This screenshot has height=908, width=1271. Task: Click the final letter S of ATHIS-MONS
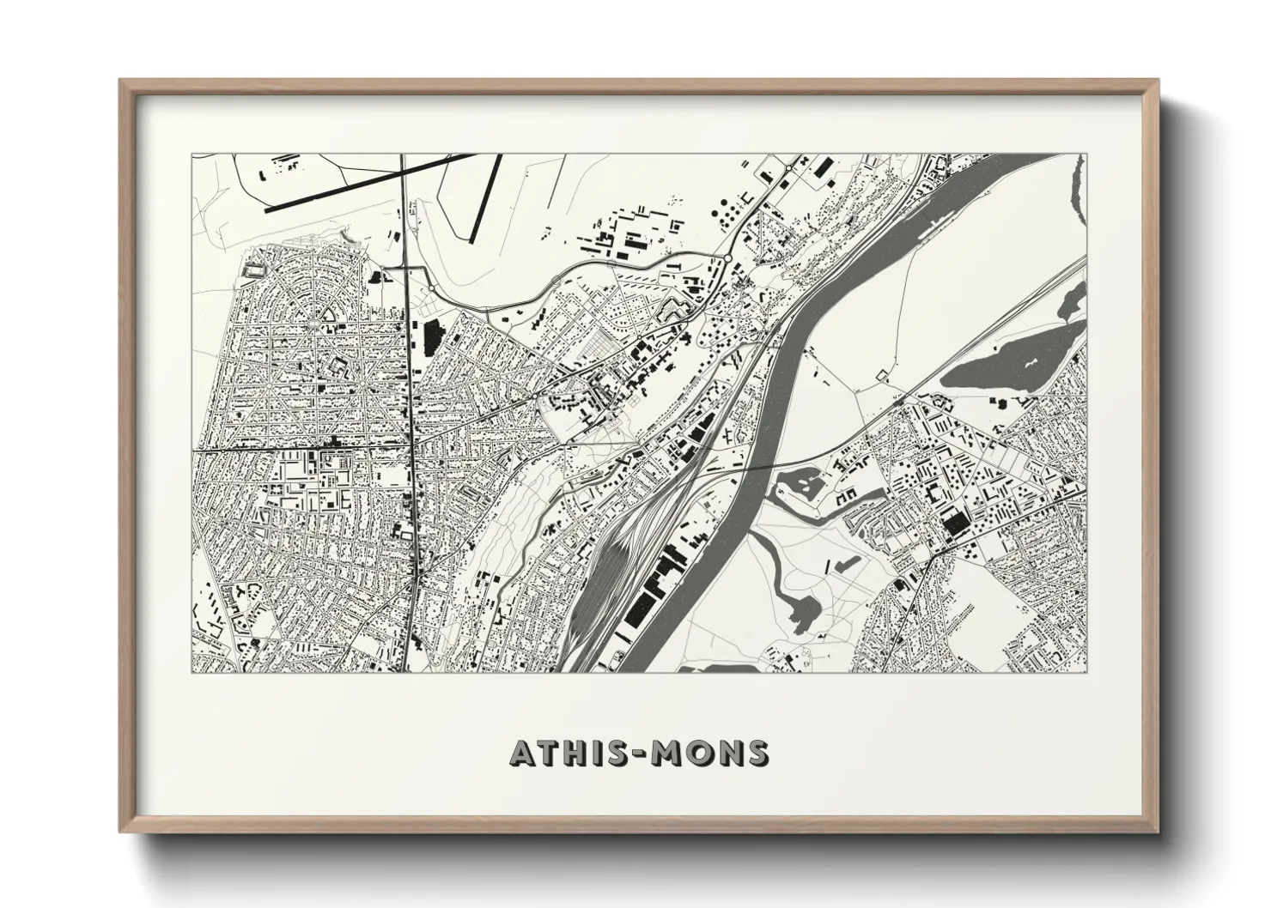pyautogui.click(x=757, y=753)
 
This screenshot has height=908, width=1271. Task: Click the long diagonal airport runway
pyautogui.click(x=369, y=181)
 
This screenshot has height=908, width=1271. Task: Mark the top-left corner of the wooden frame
pyautogui.click(x=121, y=81)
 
